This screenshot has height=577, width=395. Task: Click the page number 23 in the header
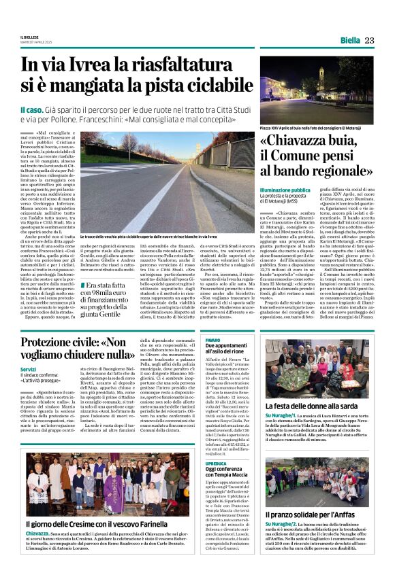tap(369, 40)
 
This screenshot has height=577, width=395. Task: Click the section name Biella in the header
tap(350, 41)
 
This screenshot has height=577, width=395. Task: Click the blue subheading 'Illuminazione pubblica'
tap(284, 190)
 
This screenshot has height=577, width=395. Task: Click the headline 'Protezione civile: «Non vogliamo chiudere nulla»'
tap(76, 348)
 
